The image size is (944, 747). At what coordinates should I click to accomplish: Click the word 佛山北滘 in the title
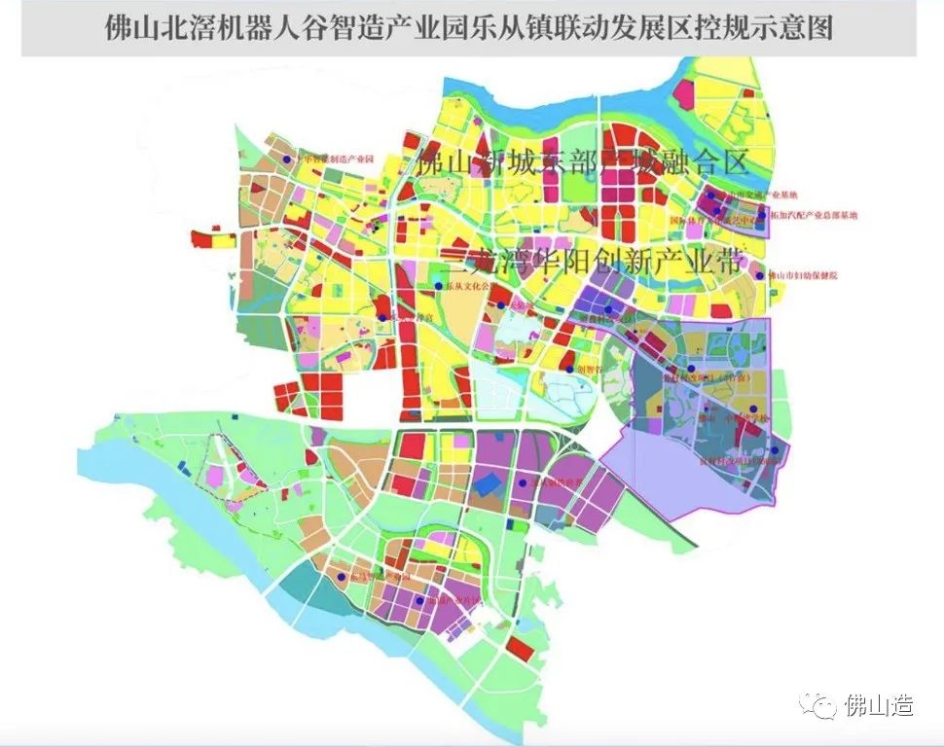(x=157, y=26)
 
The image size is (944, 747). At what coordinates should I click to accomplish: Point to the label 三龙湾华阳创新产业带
(x=593, y=262)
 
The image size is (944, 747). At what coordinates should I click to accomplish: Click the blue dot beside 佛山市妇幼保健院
(x=762, y=275)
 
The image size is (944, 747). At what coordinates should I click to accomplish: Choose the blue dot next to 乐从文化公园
(x=438, y=287)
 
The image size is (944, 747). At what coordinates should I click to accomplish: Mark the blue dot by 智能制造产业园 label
(x=287, y=160)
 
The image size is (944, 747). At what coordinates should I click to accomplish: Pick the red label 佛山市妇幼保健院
(x=803, y=275)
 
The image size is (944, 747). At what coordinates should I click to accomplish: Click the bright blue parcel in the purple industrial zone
(x=491, y=483)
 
